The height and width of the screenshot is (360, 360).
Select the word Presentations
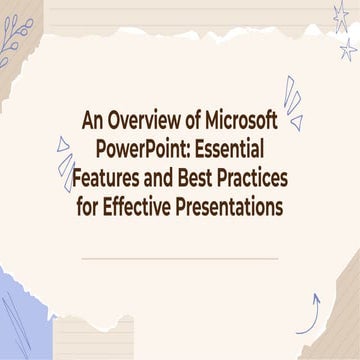234,206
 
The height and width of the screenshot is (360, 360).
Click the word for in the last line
90,206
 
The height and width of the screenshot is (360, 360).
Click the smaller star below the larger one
348,49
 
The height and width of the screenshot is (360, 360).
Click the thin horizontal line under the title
179,257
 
